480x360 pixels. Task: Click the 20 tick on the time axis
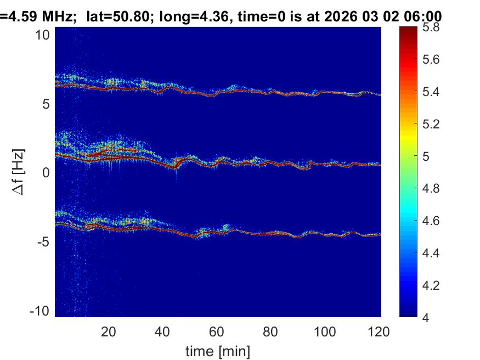click(x=109, y=331)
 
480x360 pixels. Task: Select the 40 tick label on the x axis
click(x=162, y=331)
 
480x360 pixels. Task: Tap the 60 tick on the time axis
click(x=217, y=331)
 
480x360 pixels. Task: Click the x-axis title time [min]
click(x=217, y=350)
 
